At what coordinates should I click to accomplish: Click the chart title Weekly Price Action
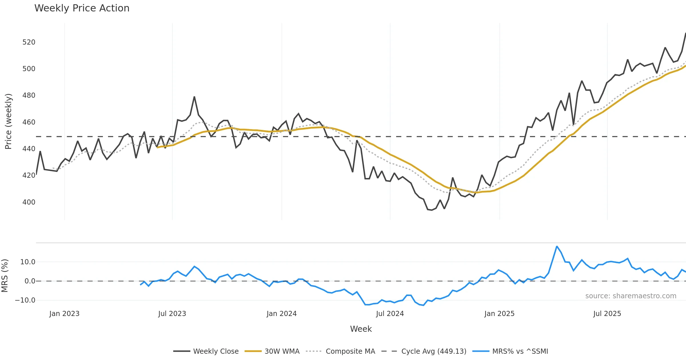point(82,8)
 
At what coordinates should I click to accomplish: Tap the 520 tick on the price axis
point(29,42)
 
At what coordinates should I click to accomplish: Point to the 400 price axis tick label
point(29,202)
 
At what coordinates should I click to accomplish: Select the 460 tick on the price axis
point(29,122)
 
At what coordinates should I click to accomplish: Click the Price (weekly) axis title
point(8,121)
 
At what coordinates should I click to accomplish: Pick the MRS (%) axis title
point(5,276)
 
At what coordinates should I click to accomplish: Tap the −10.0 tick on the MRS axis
point(25,300)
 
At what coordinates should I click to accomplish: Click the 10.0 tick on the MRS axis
point(28,262)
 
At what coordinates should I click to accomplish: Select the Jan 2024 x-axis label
point(282,314)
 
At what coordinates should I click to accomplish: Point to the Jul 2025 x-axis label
point(607,314)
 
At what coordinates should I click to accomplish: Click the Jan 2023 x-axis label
point(64,314)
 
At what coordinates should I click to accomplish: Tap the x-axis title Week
point(361,329)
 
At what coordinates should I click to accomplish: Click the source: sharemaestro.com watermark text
point(631,296)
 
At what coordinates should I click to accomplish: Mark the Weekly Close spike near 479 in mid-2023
point(194,97)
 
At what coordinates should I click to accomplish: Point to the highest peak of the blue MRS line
point(557,246)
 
